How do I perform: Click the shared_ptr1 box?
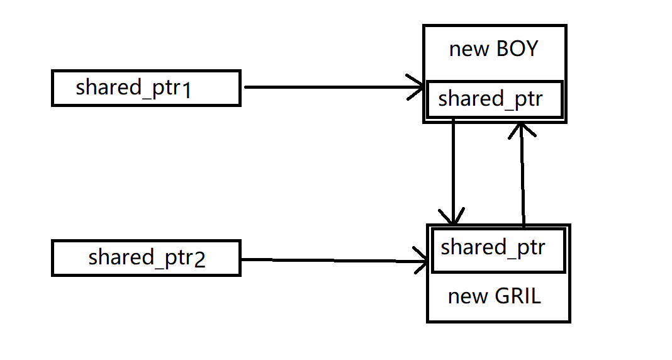tap(146, 88)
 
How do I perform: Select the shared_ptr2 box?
tap(146, 258)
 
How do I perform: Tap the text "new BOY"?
tap(494, 50)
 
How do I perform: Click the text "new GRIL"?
tap(494, 296)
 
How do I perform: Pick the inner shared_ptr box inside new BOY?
tap(494, 99)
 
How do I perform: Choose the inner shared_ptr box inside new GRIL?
tap(497, 249)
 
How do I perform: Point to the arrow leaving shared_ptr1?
tap(327, 87)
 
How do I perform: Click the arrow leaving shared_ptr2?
tap(327, 260)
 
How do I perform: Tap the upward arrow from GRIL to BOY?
tap(522, 176)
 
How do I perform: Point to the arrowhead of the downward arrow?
tap(453, 217)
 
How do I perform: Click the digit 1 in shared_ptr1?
tap(186, 91)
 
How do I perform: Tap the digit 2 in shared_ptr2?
tap(199, 261)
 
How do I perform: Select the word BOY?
tap(517, 50)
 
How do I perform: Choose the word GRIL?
tap(518, 296)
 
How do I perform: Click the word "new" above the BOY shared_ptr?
tap(469, 50)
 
